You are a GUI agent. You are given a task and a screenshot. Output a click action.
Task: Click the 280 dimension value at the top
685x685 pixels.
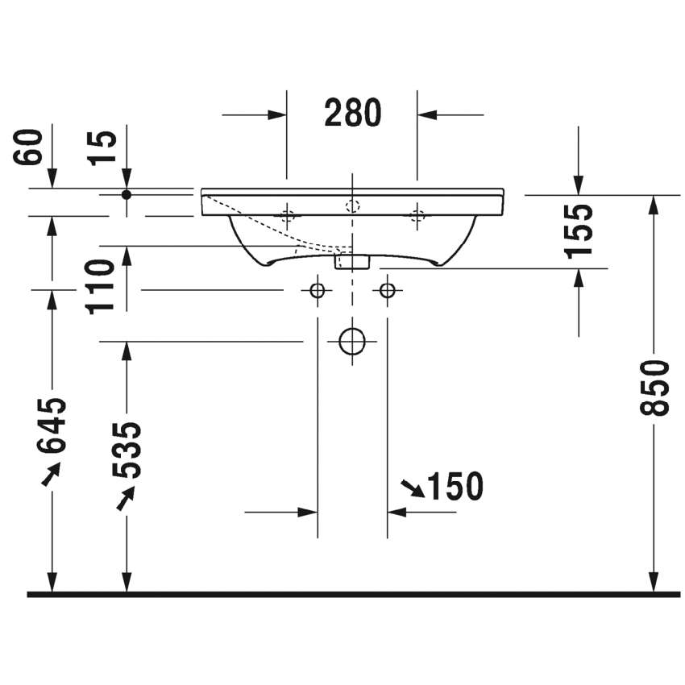(352, 114)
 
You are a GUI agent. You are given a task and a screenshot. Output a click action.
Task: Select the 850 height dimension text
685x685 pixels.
(659, 387)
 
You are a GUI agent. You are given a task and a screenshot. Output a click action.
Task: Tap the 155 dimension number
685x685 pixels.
(579, 230)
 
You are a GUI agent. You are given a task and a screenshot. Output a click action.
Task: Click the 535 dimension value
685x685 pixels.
(126, 449)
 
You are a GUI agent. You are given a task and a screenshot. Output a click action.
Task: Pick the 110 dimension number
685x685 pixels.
(103, 286)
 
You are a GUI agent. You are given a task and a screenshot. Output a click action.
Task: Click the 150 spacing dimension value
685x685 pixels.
(455, 486)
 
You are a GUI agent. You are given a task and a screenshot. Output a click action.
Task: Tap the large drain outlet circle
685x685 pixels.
(352, 342)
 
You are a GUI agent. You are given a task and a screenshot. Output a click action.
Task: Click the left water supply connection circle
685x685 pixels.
(318, 289)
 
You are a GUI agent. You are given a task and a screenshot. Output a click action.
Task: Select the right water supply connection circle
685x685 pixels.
(388, 289)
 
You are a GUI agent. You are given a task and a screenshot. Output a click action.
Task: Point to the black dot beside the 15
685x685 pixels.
(127, 194)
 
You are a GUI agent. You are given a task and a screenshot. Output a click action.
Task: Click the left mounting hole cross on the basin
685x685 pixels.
(287, 214)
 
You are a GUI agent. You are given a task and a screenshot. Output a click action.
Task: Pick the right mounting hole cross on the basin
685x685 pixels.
(417, 214)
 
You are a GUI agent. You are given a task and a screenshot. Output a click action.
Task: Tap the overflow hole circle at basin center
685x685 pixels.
(352, 205)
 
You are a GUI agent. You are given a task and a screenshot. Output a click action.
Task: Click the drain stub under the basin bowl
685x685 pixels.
(352, 260)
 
